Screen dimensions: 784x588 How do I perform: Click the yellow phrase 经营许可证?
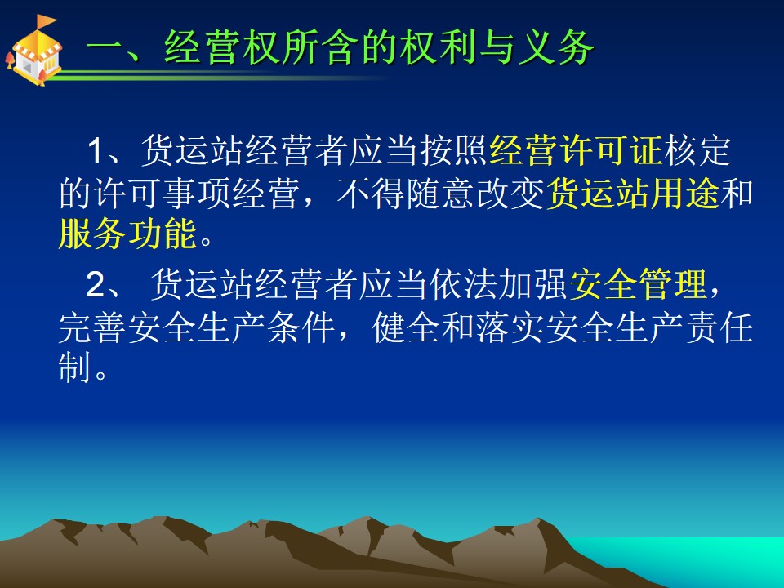click(x=577, y=150)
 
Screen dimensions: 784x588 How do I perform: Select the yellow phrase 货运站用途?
click(x=633, y=193)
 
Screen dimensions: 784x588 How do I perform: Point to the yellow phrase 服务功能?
click(x=127, y=234)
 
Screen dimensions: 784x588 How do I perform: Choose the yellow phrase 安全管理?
click(x=638, y=284)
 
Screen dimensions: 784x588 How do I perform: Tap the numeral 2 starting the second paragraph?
click(x=96, y=284)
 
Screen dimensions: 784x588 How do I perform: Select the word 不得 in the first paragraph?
click(x=371, y=193)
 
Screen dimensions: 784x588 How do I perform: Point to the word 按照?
click(x=454, y=150)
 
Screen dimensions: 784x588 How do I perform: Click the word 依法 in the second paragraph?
click(x=463, y=284)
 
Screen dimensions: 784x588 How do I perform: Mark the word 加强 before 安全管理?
click(x=533, y=284)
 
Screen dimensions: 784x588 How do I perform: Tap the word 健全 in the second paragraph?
click(x=407, y=328)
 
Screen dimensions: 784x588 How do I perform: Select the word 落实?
click(x=511, y=328)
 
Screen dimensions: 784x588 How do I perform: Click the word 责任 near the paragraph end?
click(x=719, y=328)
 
